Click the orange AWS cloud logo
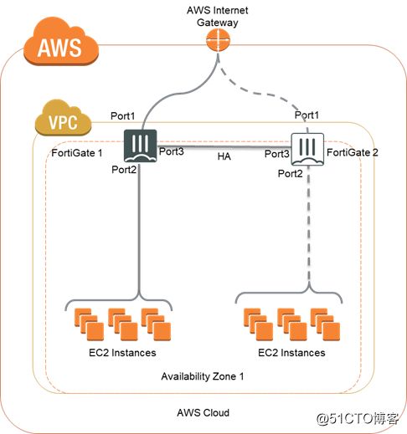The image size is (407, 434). (x=61, y=42)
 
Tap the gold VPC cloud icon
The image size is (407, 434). (x=63, y=118)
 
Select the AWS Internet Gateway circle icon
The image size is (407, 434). (x=218, y=40)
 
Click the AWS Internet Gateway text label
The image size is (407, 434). (x=218, y=17)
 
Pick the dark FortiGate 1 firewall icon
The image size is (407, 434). (x=140, y=146)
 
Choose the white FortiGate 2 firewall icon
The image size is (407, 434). (x=307, y=149)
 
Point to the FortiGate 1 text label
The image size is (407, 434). (x=77, y=153)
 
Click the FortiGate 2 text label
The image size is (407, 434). (x=353, y=152)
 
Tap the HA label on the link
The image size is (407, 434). (x=224, y=156)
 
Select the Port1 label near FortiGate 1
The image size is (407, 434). (x=122, y=116)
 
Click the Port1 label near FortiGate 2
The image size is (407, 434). (x=307, y=115)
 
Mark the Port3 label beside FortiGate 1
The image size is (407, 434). (x=172, y=151)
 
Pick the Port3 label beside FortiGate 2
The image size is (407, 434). (x=276, y=154)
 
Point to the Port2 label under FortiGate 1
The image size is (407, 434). (x=124, y=170)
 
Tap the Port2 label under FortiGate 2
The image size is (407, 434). (x=291, y=174)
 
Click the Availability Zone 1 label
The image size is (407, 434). (x=203, y=376)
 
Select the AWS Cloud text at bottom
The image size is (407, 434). (x=203, y=412)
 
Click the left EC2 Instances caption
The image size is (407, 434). (x=122, y=353)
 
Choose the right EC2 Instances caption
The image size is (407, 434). (x=291, y=353)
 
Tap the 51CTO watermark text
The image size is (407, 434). (x=358, y=418)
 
